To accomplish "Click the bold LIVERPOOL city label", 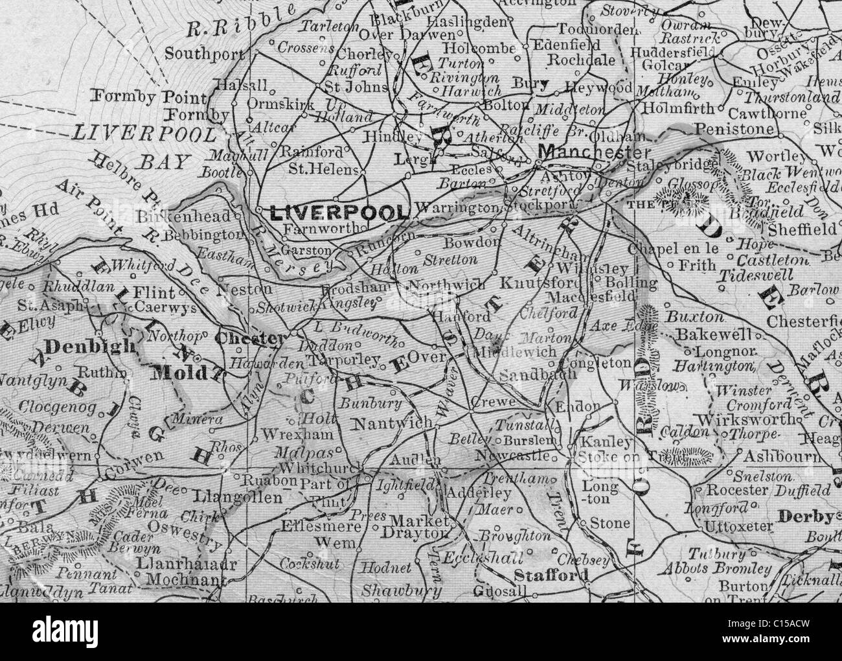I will pos(334,212).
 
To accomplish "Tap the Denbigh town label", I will pos(80,345).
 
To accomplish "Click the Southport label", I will pos(196,54).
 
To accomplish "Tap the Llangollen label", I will pos(238,497).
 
